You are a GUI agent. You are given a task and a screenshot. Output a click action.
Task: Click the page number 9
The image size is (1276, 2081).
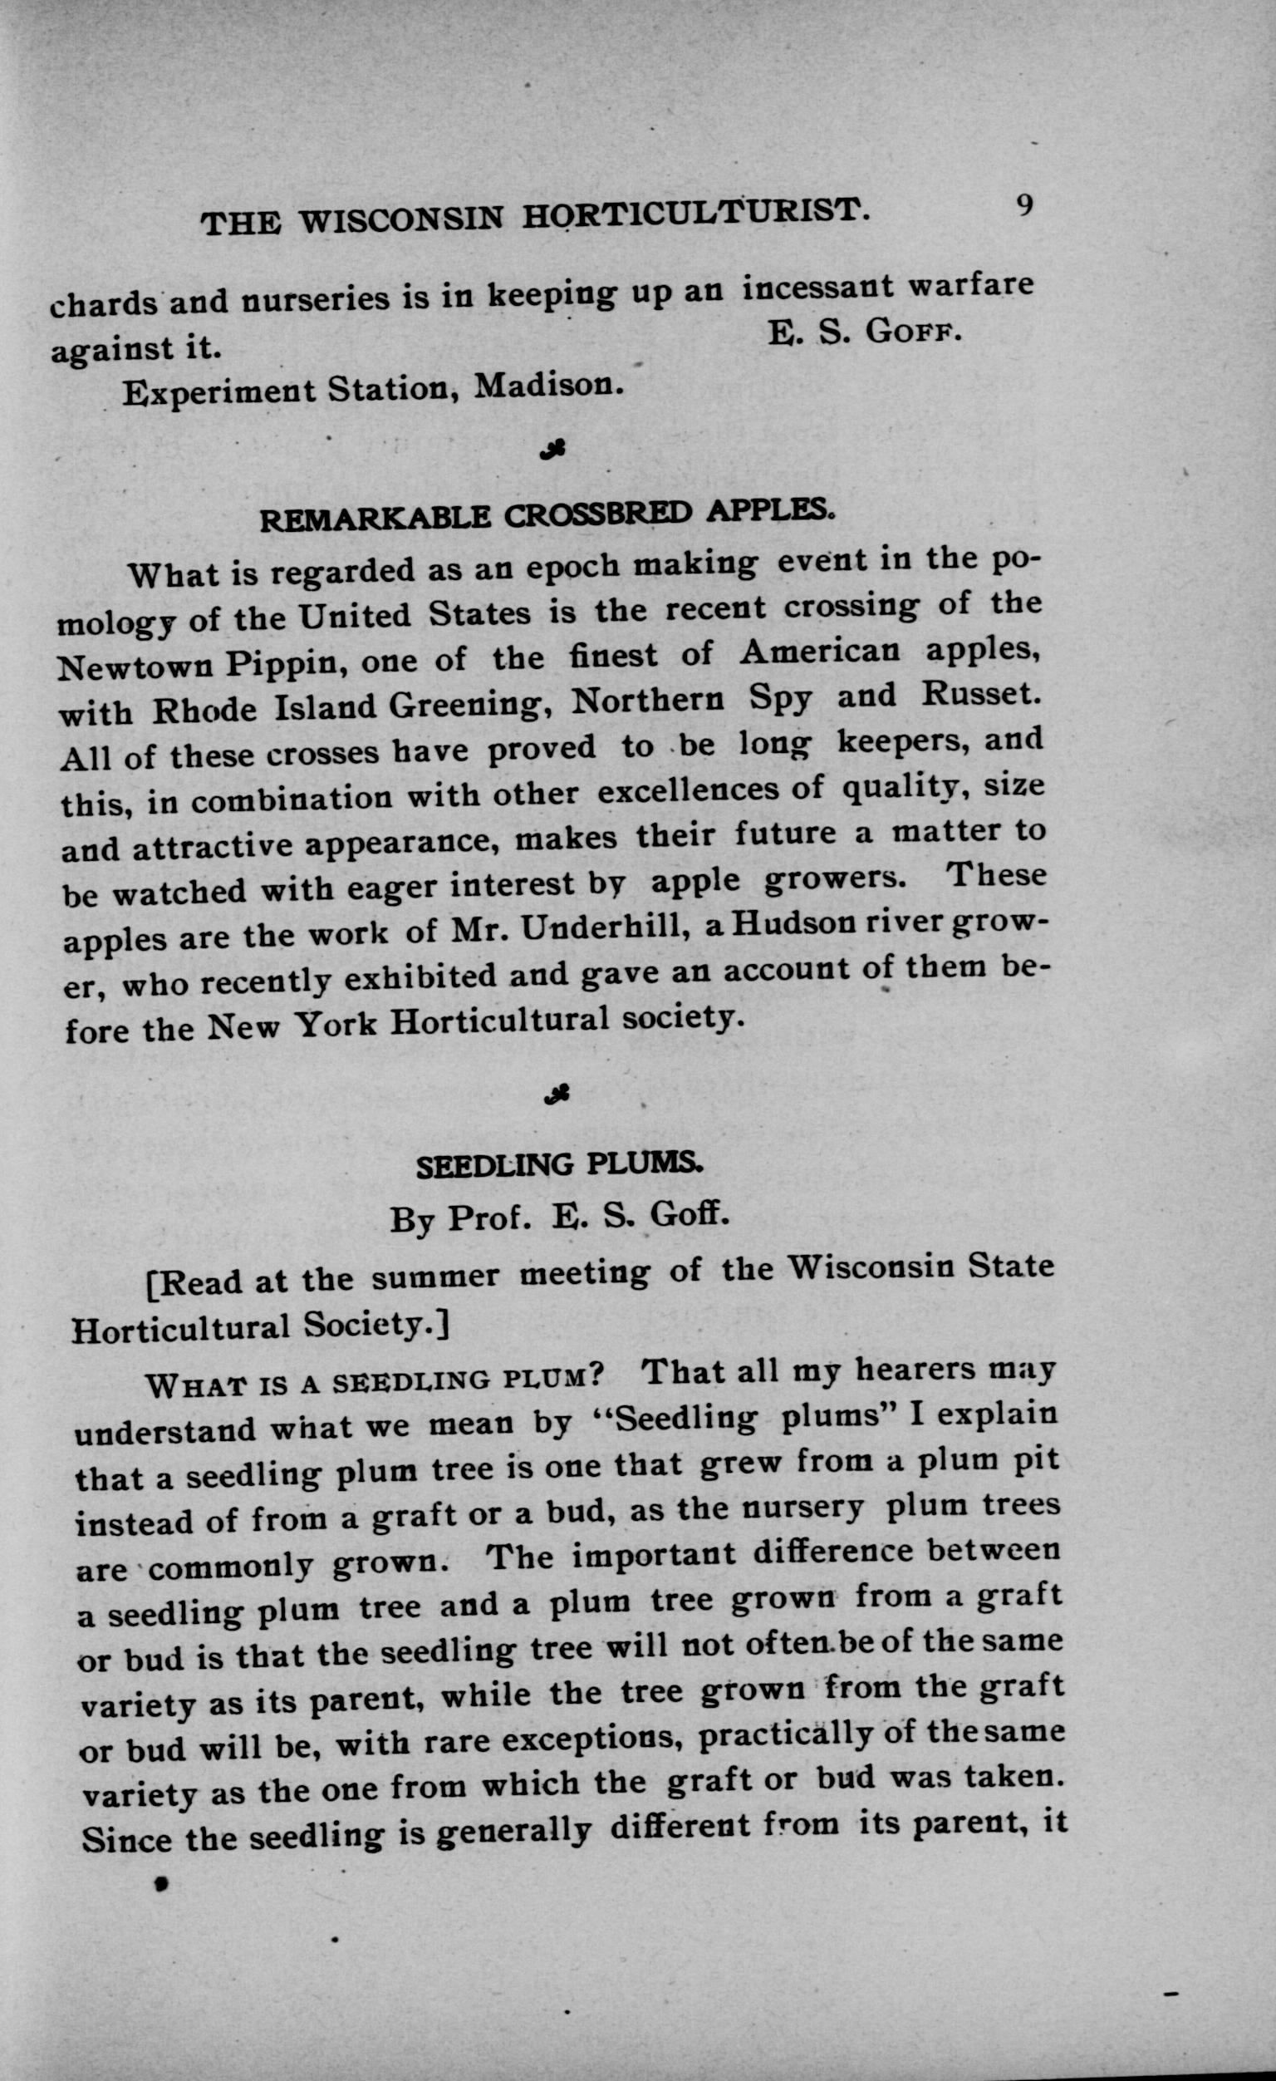[x=1023, y=206]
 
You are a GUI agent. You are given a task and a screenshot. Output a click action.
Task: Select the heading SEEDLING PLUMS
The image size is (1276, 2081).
[x=559, y=1164]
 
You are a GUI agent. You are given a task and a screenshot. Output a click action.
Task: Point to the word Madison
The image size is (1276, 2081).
[x=550, y=386]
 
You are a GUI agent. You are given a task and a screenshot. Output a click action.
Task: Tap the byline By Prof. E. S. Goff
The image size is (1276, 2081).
[x=558, y=1217]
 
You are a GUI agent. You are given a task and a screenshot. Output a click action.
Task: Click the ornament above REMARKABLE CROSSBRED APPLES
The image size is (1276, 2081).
[x=556, y=450]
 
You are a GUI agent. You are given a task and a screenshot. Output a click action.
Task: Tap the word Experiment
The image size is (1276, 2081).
[x=217, y=393]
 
